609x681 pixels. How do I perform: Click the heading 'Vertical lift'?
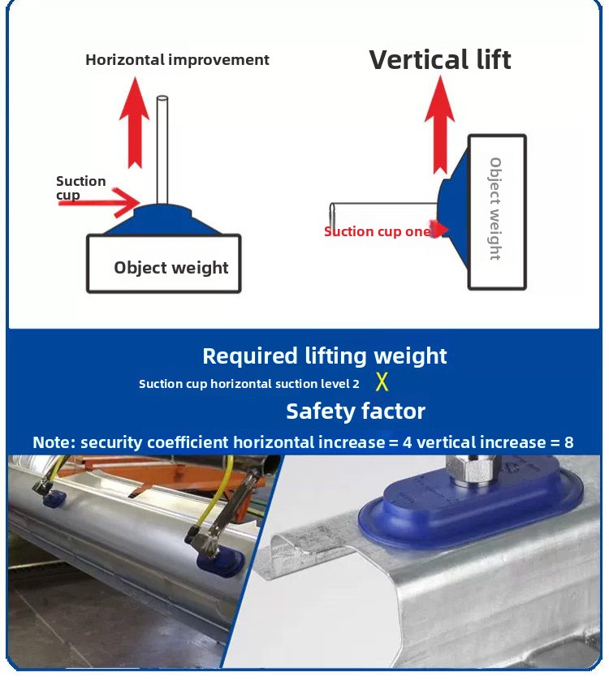point(440,59)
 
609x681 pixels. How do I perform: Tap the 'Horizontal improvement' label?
point(177,59)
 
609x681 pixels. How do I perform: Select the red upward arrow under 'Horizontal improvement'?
point(135,123)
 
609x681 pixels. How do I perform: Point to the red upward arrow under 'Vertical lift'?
point(439,125)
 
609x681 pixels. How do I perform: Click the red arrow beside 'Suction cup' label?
point(99,202)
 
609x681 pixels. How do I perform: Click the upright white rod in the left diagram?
point(162,150)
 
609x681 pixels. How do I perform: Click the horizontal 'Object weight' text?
point(171,268)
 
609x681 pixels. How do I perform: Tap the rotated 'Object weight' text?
point(495,209)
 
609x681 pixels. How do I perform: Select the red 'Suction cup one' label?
point(378,231)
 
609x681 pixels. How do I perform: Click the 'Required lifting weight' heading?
point(325,356)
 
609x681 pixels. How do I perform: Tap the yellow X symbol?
point(382,381)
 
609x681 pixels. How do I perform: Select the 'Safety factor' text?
point(356,412)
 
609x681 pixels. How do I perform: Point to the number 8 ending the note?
point(568,442)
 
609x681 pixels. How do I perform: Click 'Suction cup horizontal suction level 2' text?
point(249,384)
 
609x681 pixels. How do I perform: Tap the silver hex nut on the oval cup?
point(471,472)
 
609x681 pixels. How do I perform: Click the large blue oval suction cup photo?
point(471,508)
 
